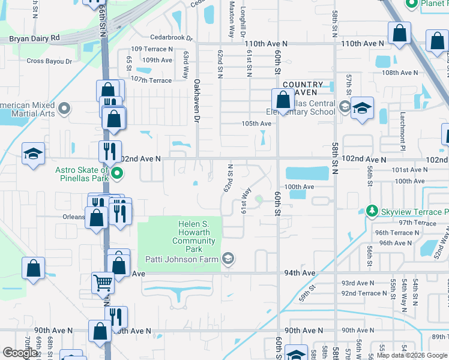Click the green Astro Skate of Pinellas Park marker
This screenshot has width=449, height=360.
[118, 175]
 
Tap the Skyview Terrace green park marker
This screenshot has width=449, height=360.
[372, 212]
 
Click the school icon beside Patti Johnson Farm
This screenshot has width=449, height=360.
[228, 259]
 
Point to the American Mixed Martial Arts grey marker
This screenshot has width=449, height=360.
[65, 109]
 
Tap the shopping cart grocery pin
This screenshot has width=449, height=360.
[103, 282]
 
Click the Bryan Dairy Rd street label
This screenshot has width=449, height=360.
[35, 38]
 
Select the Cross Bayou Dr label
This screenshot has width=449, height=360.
[49, 61]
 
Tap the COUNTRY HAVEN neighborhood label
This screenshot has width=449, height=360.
[303, 89]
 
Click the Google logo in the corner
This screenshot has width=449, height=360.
[20, 353]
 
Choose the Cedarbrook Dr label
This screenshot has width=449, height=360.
[172, 38]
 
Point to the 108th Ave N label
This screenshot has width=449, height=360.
[400, 73]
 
